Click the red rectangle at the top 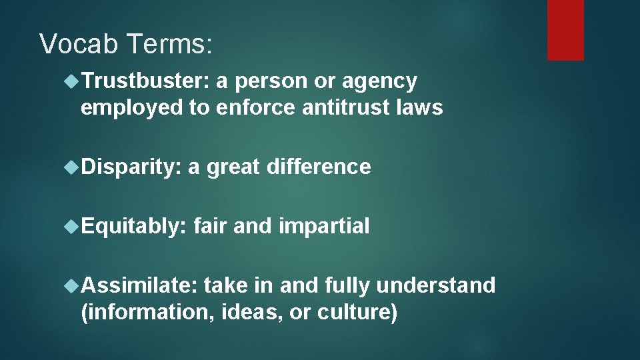tap(565, 30)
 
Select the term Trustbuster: tap(146, 81)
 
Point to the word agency tap(379, 81)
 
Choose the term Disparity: tap(131, 167)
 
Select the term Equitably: tap(133, 227)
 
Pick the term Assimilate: tap(139, 286)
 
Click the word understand tap(436, 286)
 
